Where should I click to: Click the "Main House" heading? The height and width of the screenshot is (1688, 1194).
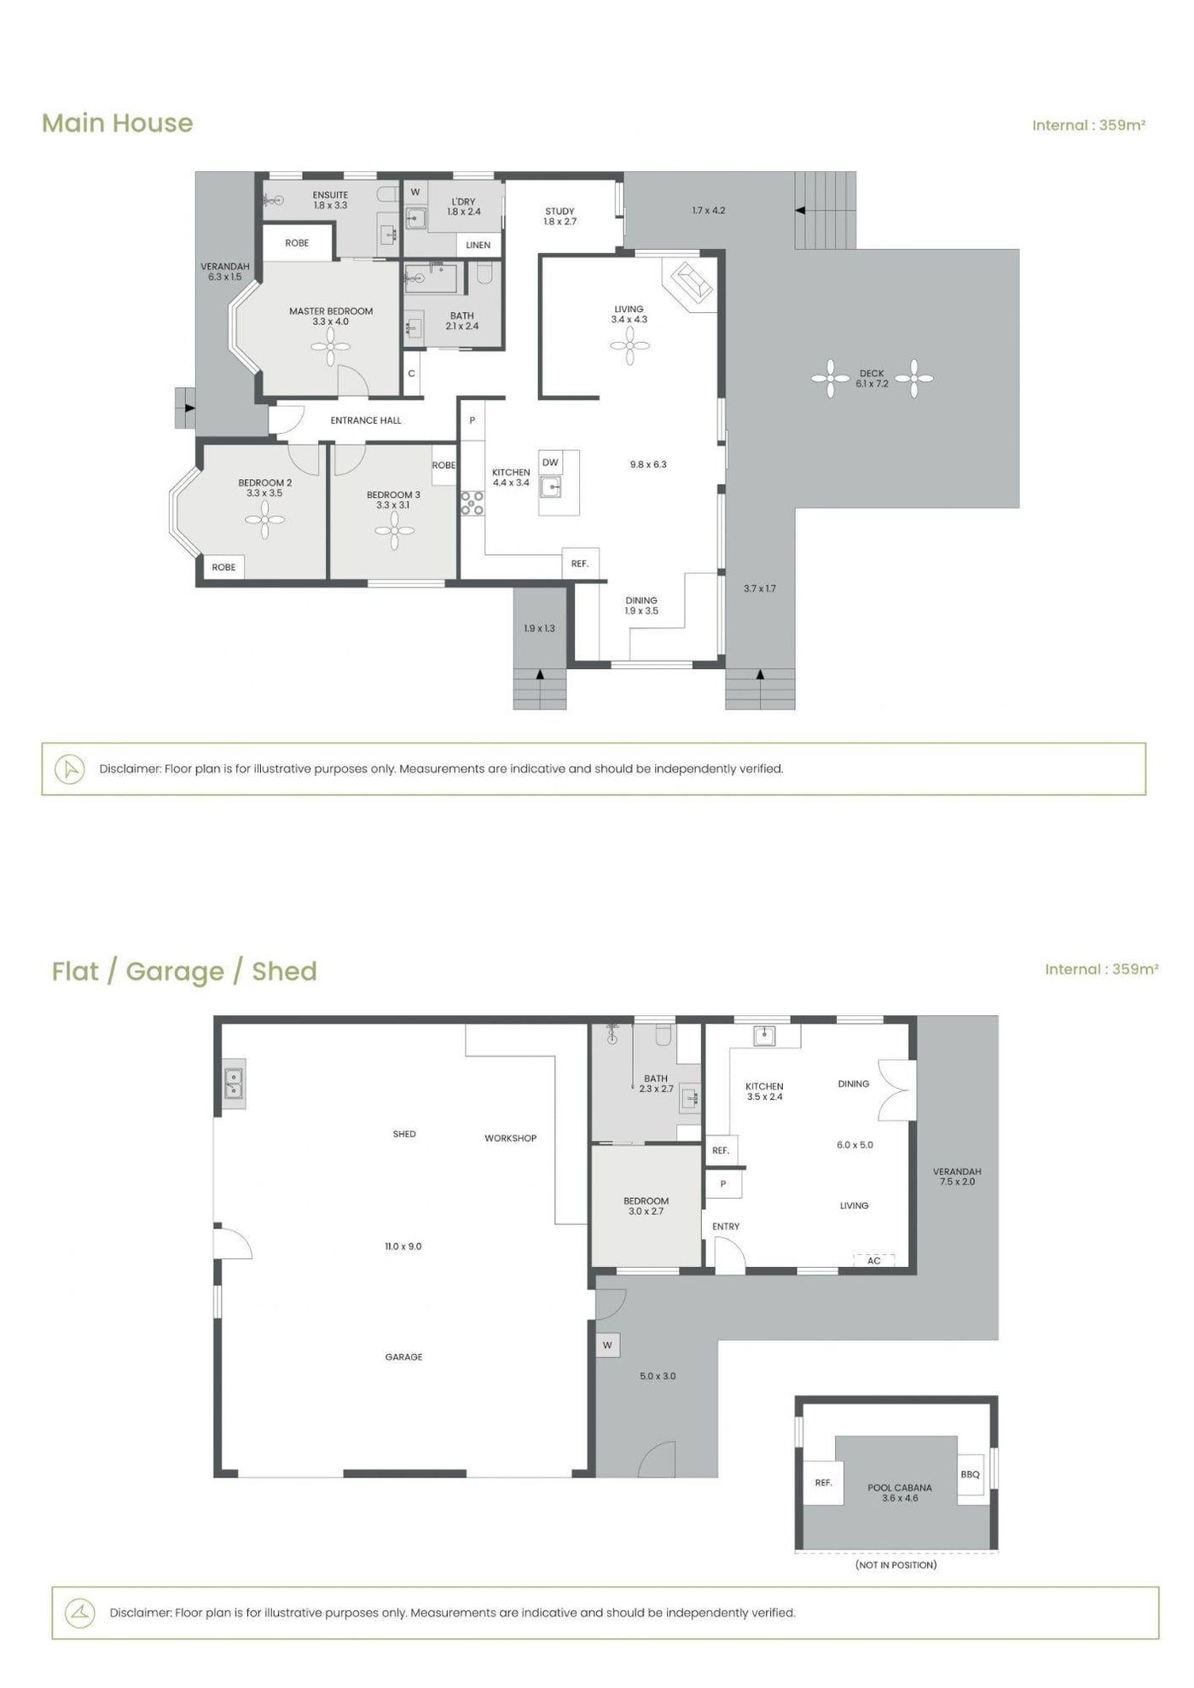click(118, 123)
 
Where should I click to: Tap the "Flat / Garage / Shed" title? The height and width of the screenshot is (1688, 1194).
click(184, 971)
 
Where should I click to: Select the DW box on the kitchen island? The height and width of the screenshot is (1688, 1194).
click(550, 463)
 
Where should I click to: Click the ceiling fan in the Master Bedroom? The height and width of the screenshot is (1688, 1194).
click(330, 347)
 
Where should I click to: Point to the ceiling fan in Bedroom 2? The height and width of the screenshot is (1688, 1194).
click(264, 519)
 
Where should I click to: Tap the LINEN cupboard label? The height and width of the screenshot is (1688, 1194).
click(478, 245)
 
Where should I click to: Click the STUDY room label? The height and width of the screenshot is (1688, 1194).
click(559, 211)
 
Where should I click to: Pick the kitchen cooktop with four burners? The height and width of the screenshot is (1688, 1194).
click(472, 503)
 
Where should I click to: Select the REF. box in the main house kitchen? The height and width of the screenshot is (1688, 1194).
click(580, 564)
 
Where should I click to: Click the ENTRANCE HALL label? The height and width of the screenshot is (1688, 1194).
click(366, 420)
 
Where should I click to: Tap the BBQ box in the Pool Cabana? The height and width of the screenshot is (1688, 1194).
click(971, 1474)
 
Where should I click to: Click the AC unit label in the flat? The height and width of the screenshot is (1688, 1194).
click(873, 1260)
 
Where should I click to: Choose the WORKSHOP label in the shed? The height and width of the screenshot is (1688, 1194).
click(511, 1138)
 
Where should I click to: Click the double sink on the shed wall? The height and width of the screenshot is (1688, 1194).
click(234, 1084)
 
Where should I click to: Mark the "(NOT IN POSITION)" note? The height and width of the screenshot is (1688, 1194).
click(895, 1564)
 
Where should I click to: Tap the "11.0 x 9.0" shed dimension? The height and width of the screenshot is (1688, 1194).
click(403, 1246)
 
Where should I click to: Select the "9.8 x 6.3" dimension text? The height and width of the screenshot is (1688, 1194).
click(648, 465)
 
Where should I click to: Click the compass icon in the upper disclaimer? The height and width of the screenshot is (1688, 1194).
click(70, 769)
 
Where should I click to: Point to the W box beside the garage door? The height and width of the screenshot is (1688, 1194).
click(607, 1345)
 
